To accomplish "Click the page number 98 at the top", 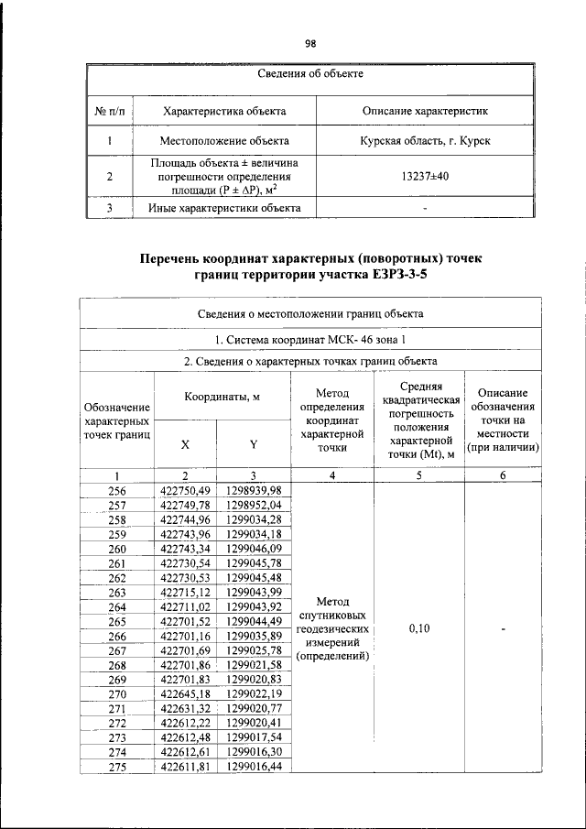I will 309,43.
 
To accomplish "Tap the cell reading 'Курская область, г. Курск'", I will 425,141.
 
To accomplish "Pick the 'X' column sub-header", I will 185,444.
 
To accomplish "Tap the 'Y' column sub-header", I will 254,444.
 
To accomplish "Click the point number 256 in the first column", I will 117,492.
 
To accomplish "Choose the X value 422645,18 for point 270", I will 185,693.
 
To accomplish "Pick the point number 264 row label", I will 117,607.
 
